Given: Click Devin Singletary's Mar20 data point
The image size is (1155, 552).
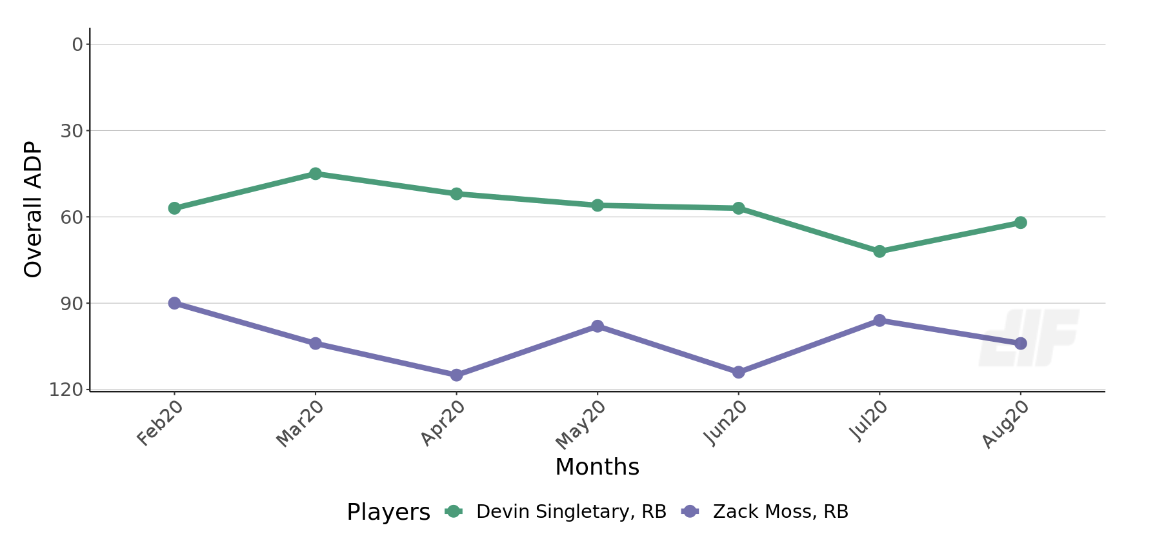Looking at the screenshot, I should point(315,173).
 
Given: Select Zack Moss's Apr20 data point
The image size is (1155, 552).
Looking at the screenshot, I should point(456,375).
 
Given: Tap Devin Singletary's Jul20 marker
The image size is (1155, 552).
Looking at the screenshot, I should point(879,251).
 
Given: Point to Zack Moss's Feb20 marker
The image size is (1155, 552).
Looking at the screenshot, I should point(174,303).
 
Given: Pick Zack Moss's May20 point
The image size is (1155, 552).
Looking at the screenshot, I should point(598,326).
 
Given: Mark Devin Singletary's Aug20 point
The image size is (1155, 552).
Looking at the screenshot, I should point(1020,222).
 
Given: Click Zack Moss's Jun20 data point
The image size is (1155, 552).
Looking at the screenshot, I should point(738,372).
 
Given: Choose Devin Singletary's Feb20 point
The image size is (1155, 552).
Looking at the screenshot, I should point(174,208).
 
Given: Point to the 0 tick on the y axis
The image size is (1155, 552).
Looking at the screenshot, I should point(77,44).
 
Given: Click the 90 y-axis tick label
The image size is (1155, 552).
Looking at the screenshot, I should point(72,304).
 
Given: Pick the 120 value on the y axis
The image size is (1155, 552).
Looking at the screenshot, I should point(66,389).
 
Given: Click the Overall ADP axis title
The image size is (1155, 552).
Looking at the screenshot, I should point(33,209).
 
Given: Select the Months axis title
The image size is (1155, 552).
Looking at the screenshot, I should point(597,467).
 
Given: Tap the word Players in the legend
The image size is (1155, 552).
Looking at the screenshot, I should point(388,513).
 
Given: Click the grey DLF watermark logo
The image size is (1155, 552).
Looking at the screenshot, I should point(1029,338).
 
